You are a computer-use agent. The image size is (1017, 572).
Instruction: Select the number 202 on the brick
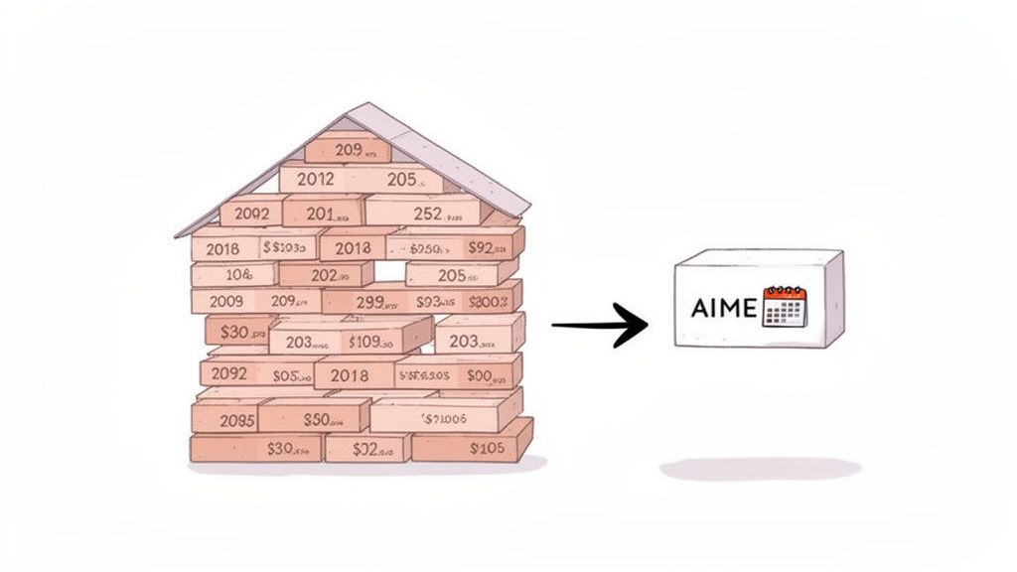point(326,275)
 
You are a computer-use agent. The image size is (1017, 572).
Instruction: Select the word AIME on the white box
point(722,307)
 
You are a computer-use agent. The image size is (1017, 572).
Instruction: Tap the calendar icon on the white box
point(785,307)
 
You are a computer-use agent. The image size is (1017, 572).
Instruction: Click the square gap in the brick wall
point(389,271)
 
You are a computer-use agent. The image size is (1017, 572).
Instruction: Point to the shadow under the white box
point(760,469)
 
